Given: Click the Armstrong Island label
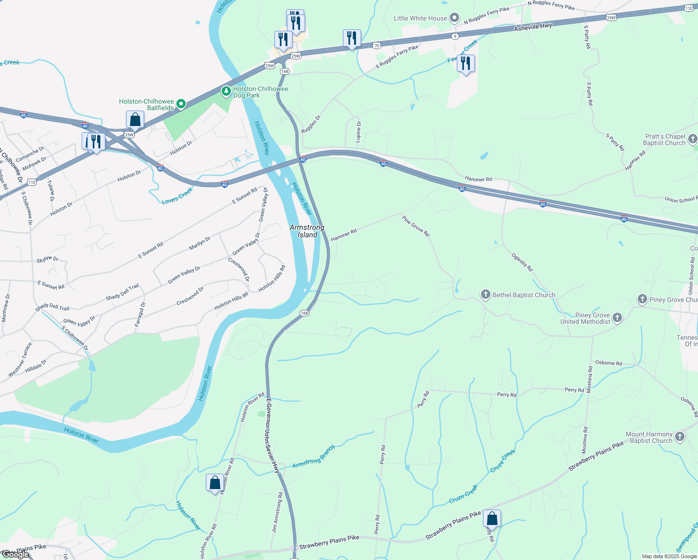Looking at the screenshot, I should tap(307, 231).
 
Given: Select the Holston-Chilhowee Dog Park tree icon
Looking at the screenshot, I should tap(226, 91).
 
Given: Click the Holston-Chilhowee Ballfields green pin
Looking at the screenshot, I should tap(181, 104).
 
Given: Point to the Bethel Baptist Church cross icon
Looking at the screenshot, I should tap(486, 294).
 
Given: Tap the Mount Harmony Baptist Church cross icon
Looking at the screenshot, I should tap(680, 437).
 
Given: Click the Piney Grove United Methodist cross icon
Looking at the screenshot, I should tap(617, 318).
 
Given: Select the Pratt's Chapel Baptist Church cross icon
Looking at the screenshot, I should tap(692, 139).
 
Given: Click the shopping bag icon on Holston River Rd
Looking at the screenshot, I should tap(215, 483).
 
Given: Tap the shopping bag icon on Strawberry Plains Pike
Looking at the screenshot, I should tap(492, 518).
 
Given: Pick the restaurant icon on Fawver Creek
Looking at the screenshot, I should tap(466, 63).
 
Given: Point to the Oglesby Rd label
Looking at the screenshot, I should tap(522, 263).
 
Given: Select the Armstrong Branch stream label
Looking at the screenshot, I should tap(314, 457).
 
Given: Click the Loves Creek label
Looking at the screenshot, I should tap(177, 196).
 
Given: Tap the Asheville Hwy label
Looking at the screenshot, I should tap(533, 27).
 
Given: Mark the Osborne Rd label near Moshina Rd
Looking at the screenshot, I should tap(608, 363).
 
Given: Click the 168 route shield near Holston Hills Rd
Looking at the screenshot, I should tap(304, 313).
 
